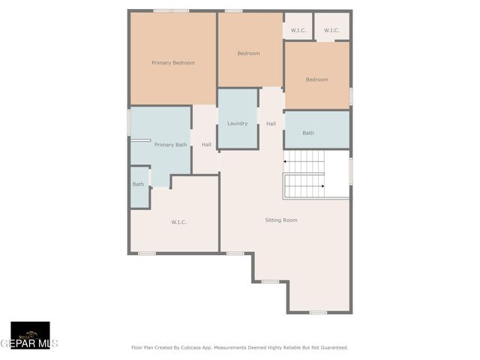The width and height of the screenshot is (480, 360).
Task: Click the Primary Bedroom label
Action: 173,63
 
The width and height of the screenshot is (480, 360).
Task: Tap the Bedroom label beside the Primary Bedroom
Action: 248,53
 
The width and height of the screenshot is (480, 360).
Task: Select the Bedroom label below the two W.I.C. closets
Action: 316,79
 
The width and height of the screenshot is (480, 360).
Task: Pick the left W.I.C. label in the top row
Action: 298,30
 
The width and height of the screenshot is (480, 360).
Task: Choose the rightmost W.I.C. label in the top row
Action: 331,30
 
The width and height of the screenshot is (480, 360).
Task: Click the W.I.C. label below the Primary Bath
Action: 178,222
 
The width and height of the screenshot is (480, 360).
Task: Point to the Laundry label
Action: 237,124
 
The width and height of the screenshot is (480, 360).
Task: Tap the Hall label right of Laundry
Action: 271,124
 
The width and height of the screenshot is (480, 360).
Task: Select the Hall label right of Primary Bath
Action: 206,145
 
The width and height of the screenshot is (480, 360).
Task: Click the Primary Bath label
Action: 170,145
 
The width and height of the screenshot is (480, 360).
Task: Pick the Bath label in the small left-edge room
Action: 138,184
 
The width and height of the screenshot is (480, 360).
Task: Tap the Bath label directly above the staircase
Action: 308,133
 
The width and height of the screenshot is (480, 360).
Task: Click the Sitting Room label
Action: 281,220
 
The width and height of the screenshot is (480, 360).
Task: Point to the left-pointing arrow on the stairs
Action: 286,161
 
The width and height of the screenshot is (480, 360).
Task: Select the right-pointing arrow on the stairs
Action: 322,185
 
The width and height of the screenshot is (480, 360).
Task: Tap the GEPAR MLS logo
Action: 29,336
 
